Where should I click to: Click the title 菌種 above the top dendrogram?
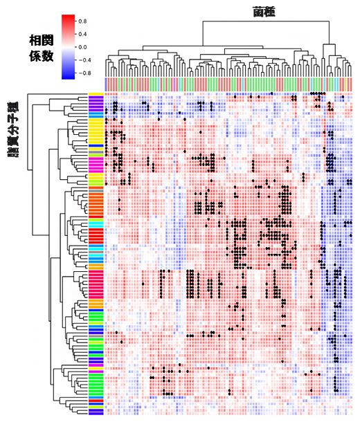click(264, 12)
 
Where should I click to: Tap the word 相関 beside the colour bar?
click(42, 39)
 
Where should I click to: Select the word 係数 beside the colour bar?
click(42, 56)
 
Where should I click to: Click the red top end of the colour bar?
click(69, 17)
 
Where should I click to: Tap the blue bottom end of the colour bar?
click(69, 75)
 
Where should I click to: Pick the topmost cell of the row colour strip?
click(96, 94)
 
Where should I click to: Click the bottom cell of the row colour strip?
click(96, 413)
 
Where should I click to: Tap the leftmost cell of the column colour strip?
click(107, 84)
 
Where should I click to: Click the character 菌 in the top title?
click(258, 12)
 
